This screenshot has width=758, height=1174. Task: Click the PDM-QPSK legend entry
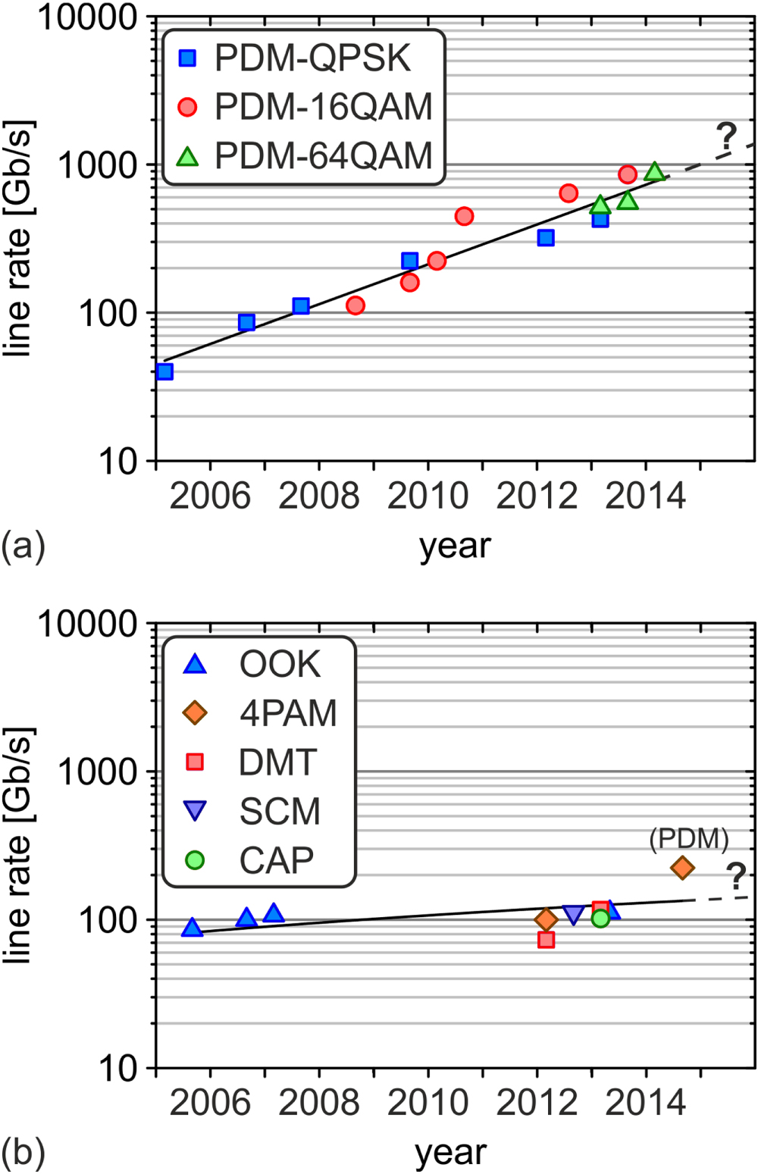[296, 58]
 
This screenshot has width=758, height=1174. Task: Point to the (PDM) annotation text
[689, 838]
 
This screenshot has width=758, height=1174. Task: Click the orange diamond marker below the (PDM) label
[682, 868]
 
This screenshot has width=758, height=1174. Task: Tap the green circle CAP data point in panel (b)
[600, 918]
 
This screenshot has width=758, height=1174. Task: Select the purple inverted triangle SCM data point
[573, 914]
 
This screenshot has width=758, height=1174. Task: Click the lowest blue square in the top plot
[164, 371]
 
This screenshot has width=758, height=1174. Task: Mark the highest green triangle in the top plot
[655, 171]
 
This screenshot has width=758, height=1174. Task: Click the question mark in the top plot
[726, 136]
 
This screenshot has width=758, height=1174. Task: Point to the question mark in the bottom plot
[736, 876]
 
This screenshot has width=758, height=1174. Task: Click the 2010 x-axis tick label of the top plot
[428, 496]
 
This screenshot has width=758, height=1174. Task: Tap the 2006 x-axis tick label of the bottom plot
[210, 1103]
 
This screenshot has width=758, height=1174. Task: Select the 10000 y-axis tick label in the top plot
[87, 17]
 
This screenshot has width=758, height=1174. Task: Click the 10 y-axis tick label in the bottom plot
[118, 1068]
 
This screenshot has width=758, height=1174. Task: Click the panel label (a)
[23, 546]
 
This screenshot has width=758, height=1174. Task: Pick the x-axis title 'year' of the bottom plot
[451, 1152]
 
